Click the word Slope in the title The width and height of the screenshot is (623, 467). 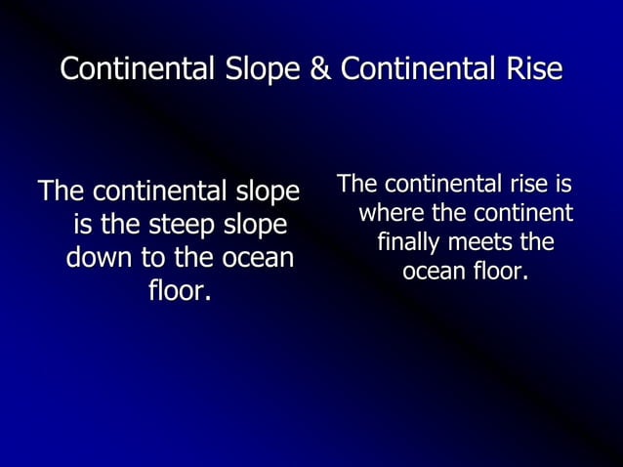click(x=263, y=70)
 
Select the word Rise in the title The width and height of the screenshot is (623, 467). click(x=535, y=70)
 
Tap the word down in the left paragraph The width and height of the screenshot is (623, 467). click(x=96, y=259)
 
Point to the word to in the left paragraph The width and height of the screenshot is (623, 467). click(x=149, y=259)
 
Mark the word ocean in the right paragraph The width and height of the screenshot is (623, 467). click(x=433, y=270)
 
